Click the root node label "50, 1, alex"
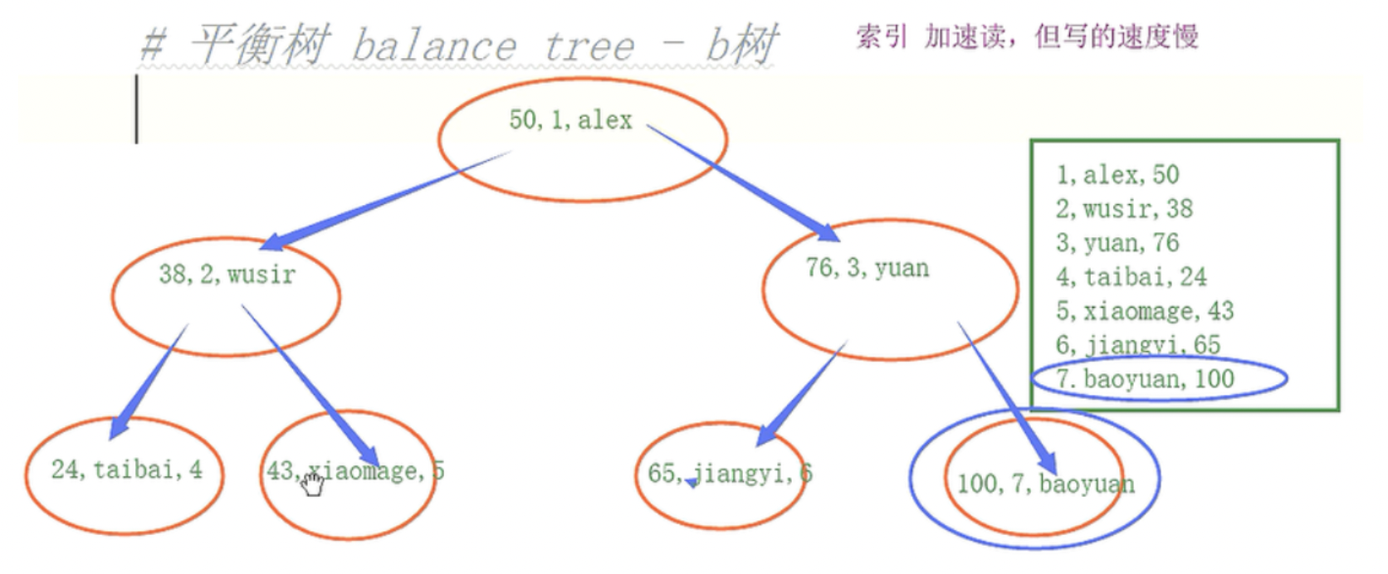tap(570, 120)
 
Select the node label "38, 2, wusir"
tap(227, 274)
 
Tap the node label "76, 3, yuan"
tap(867, 268)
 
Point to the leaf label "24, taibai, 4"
tap(126, 469)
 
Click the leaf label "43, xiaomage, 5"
tap(354, 471)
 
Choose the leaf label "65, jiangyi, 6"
tap(729, 473)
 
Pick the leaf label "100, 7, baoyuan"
tap(1045, 484)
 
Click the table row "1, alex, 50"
tap(1117, 175)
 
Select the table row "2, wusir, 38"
tap(1123, 209)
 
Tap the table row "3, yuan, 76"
tap(1117, 243)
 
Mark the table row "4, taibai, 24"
tap(1131, 277)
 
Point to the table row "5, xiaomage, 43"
tap(1144, 311)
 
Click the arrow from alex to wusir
tap(382, 199)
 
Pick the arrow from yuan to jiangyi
tap(801, 390)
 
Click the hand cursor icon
tap(312, 484)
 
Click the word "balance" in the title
tap(433, 46)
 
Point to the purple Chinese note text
tap(1027, 36)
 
